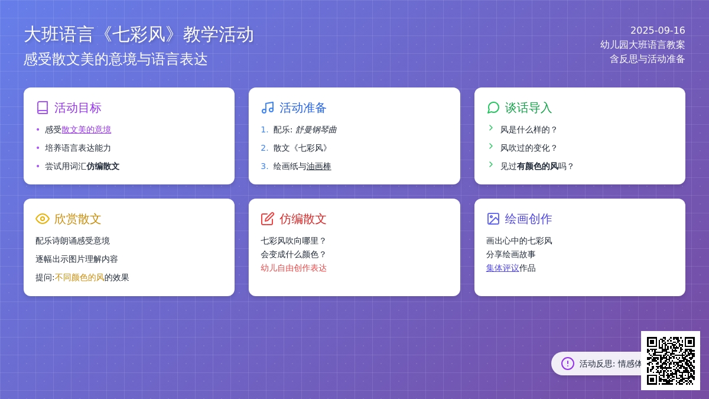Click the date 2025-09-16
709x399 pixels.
tap(658, 30)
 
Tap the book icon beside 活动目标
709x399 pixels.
tap(43, 108)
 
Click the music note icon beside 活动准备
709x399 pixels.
tap(268, 108)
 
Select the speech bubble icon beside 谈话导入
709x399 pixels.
tap(493, 108)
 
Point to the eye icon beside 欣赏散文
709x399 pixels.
tap(43, 219)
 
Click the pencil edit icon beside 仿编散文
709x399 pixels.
tap(268, 219)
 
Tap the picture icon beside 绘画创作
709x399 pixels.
tap(493, 219)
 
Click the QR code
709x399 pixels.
tap(671, 361)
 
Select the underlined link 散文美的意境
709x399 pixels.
tap(86, 129)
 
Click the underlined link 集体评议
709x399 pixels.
tap(502, 268)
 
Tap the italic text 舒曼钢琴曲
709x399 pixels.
tap(316, 129)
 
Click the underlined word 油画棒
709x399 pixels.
tap(318, 166)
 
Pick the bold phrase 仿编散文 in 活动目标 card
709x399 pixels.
tap(103, 166)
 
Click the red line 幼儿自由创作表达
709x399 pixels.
tap(294, 268)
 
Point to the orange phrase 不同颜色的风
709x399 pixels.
tap(79, 278)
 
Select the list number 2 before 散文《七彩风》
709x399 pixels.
tap(264, 148)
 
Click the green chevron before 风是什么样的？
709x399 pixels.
tap(491, 128)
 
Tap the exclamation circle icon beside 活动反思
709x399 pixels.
tap(568, 364)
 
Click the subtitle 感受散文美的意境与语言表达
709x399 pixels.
tap(116, 59)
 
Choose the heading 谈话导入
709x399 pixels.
tap(528, 108)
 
